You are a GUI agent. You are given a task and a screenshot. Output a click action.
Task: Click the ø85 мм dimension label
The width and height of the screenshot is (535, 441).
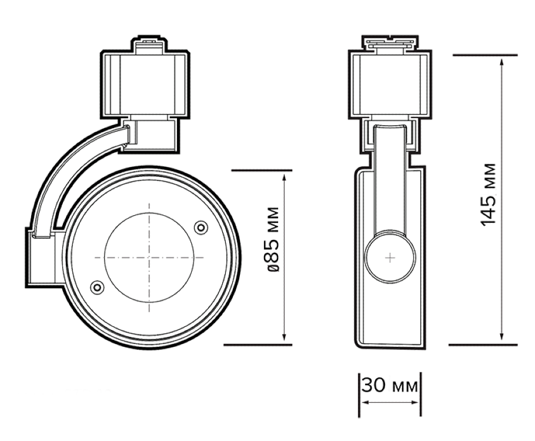273,239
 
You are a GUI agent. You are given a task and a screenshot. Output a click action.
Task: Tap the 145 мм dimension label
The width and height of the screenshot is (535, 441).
488,195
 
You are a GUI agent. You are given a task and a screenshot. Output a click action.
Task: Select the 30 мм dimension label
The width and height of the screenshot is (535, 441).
389,386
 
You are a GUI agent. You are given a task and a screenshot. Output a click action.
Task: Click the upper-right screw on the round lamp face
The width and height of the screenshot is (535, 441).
200,228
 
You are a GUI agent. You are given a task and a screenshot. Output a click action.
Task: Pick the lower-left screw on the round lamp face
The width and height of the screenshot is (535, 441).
97,287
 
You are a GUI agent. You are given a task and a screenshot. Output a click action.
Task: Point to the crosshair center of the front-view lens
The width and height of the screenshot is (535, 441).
149,258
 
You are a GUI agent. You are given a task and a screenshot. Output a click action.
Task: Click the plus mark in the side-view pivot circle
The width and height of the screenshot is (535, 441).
390,258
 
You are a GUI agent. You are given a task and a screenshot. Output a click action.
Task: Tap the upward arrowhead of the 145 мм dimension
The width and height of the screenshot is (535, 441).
501,63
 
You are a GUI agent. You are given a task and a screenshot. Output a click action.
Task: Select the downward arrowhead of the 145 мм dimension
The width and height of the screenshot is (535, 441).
501,336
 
